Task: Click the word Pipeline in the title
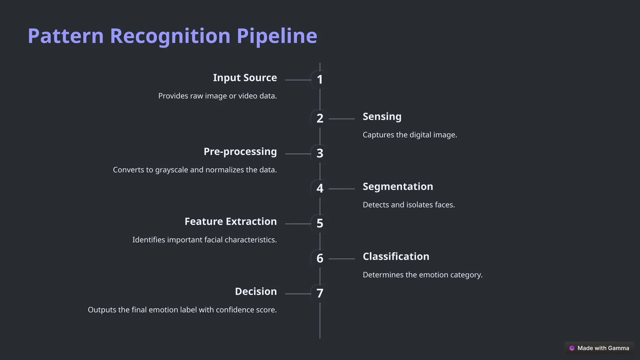pyautogui.click(x=277, y=36)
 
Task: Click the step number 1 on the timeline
pyautogui.click(x=320, y=80)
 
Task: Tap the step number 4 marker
pyautogui.click(x=320, y=188)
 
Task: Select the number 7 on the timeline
pyautogui.click(x=320, y=293)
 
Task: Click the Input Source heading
pyautogui.click(x=245, y=78)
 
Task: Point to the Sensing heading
pyautogui.click(x=382, y=117)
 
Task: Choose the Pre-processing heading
pyautogui.click(x=240, y=152)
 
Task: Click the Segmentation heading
pyautogui.click(x=397, y=187)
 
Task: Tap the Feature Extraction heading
pyautogui.click(x=230, y=222)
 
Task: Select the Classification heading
pyautogui.click(x=396, y=257)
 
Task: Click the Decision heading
pyautogui.click(x=256, y=292)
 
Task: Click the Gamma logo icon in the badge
pyautogui.click(x=572, y=348)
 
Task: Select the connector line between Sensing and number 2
pyautogui.click(x=342, y=119)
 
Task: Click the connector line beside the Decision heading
pyautogui.click(x=298, y=294)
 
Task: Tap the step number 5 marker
pyautogui.click(x=320, y=223)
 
